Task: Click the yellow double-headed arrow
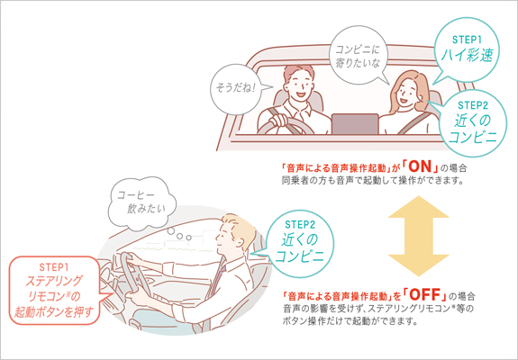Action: coord(418,236)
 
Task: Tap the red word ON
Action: coord(420,166)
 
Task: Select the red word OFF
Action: coord(425,294)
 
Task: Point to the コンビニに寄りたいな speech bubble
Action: coord(358,56)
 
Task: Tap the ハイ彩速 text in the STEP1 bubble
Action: coord(467,55)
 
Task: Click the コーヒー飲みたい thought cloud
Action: coord(142,203)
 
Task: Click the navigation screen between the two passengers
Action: coord(355,124)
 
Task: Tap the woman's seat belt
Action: coord(415,122)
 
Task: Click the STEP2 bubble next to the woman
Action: coord(473,123)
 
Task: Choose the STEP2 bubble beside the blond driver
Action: coord(300,243)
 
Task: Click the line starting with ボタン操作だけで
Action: coord(350,321)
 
